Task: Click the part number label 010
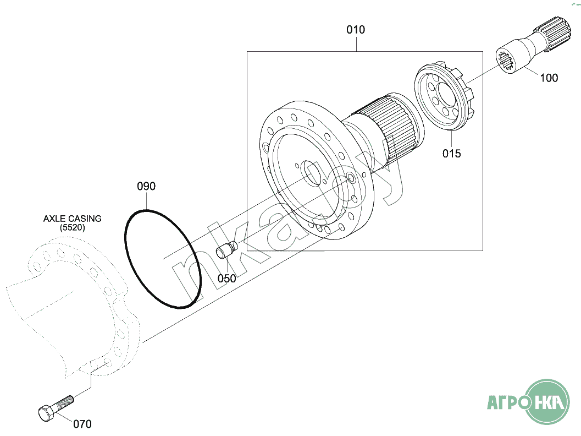coord(356,30)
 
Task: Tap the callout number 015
coord(452,154)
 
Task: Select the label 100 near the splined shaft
coord(549,78)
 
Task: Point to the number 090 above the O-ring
coord(146,187)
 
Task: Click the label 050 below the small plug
coord(226,279)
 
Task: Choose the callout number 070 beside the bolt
coord(82,424)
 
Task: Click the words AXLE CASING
coord(73,219)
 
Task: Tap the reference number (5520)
coord(73,227)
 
